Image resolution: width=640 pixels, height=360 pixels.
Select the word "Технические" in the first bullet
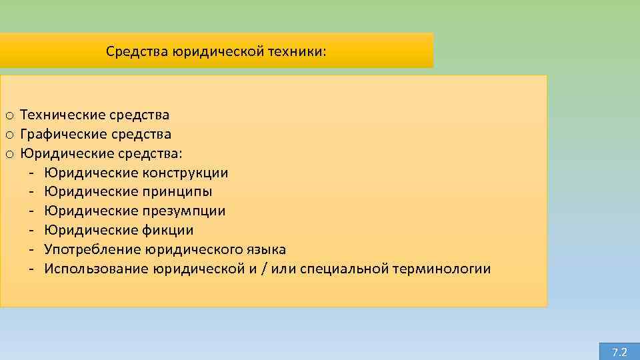[x=60, y=115]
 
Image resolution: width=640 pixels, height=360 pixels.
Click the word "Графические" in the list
[x=61, y=135]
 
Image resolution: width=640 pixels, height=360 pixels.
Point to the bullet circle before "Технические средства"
[x=9, y=116]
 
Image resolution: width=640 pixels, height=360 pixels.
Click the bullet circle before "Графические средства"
[x=9, y=135]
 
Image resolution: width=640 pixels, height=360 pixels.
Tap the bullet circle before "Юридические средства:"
[x=9, y=155]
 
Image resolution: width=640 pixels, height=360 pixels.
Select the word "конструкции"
[x=185, y=173]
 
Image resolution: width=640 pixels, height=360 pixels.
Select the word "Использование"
[x=96, y=269]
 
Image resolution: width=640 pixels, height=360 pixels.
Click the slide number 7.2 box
[x=619, y=351]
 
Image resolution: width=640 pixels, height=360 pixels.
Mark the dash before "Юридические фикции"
[x=31, y=231]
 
